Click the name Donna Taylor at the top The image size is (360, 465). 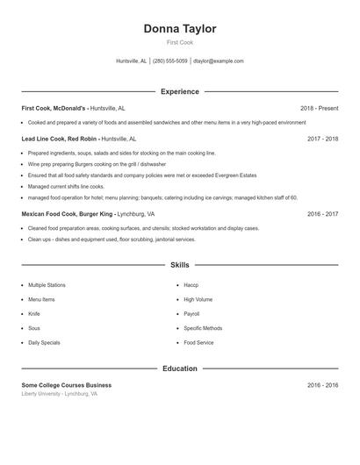179,29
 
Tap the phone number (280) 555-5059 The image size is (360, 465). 170,61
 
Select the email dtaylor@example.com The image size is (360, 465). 218,61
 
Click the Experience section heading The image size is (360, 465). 179,91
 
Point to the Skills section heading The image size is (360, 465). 179,264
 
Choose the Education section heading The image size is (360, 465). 179,368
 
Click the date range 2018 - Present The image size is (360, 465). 319,109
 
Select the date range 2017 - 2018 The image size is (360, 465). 322,139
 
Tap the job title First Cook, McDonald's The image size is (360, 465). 54,109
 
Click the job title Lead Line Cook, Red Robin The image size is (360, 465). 59,139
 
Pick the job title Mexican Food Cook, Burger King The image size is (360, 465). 67,213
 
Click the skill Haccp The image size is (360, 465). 191,285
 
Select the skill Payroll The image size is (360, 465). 191,313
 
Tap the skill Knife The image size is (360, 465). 34,313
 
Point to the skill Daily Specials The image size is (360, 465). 44,342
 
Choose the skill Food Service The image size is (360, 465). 198,342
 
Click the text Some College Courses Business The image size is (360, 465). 67,385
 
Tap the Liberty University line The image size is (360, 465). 60,394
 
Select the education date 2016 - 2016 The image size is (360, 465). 322,385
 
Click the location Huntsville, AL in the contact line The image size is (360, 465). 132,61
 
